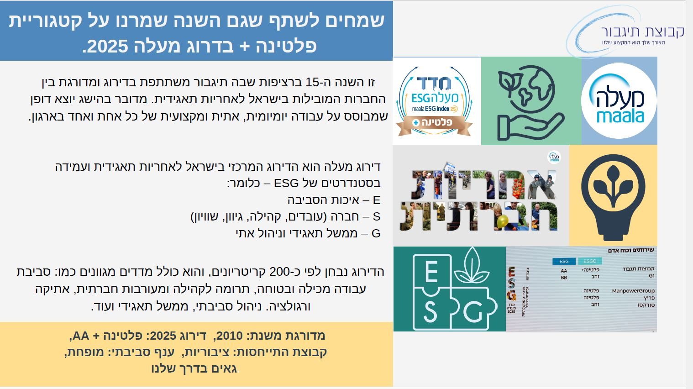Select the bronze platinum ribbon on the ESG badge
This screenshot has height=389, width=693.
tap(434, 123)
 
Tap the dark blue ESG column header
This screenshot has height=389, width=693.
tap(564, 262)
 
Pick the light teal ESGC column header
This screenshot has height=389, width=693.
tap(589, 261)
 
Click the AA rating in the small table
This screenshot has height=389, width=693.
tap(564, 271)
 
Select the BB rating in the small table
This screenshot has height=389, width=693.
tap(564, 277)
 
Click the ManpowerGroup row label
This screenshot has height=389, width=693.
tap(633, 291)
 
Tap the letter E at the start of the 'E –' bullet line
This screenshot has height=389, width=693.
tap(376, 200)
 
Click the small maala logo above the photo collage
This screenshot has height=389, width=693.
tap(554, 158)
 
